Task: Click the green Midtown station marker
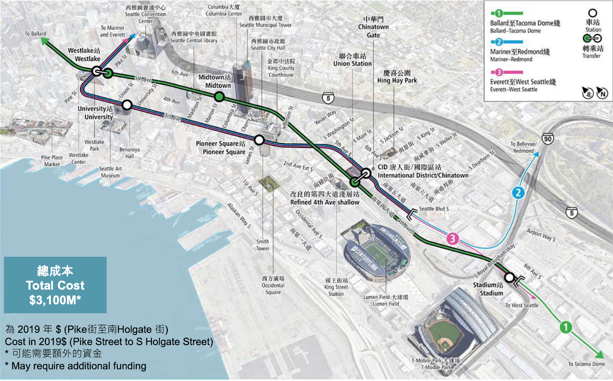(x=219, y=97)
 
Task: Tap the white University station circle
(x=127, y=105)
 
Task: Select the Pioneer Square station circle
(x=259, y=140)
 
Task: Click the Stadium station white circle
(x=509, y=277)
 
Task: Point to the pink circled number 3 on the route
(x=452, y=239)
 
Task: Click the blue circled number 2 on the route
(x=518, y=193)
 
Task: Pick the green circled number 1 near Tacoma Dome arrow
(x=565, y=327)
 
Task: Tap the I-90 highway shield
(x=547, y=139)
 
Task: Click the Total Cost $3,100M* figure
(x=55, y=300)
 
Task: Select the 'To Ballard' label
(x=35, y=34)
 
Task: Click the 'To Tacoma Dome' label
(x=586, y=364)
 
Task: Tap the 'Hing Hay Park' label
(x=397, y=80)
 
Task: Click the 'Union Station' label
(x=352, y=64)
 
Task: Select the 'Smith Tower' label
(x=262, y=245)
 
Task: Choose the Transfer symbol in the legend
(x=592, y=38)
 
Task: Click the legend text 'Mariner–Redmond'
(x=511, y=59)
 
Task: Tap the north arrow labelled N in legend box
(x=602, y=93)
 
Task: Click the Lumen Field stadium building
(x=377, y=253)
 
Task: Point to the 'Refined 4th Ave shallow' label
(x=325, y=202)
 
